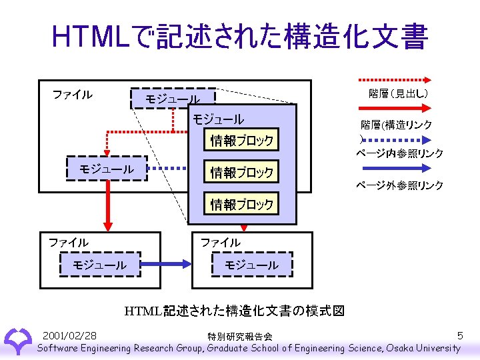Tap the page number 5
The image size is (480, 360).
tap(460, 335)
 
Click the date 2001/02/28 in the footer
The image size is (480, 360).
tap(69, 335)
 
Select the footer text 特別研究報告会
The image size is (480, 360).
tap(239, 336)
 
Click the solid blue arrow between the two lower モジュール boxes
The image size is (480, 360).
tap(167, 264)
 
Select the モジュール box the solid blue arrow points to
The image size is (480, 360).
tap(252, 265)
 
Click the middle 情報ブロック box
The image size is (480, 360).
tap(242, 173)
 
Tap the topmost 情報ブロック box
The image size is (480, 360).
tap(242, 141)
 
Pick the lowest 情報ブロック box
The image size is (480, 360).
tap(242, 205)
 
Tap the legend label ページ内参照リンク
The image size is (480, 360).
tap(399, 153)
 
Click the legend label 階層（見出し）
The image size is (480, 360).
tap(398, 93)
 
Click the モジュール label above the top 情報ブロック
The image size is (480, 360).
tap(218, 119)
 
